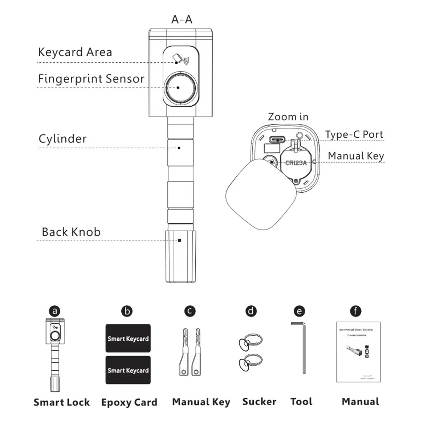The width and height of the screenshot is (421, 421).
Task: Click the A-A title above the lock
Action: [x=182, y=19]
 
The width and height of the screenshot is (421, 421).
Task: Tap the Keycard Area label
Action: [x=75, y=52]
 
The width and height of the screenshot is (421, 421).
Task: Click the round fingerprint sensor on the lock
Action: [x=180, y=88]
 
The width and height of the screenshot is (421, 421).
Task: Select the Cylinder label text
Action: [x=63, y=139]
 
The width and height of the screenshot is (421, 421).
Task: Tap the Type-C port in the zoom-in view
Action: [x=277, y=139]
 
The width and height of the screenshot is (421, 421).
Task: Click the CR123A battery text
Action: [x=296, y=163]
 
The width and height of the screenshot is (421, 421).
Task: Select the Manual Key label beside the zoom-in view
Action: [x=356, y=156]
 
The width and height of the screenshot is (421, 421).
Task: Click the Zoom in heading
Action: [x=288, y=117]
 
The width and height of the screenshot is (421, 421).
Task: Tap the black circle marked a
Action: [x=55, y=311]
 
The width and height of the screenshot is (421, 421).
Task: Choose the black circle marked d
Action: [x=251, y=311]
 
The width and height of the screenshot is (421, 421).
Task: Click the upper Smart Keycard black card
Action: [x=128, y=338]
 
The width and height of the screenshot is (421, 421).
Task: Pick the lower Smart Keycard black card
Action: [x=128, y=370]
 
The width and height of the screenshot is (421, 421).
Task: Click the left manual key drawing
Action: [x=184, y=353]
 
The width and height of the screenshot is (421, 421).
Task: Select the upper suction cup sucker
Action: [x=250, y=341]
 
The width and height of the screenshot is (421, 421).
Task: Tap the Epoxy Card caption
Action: [x=129, y=402]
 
